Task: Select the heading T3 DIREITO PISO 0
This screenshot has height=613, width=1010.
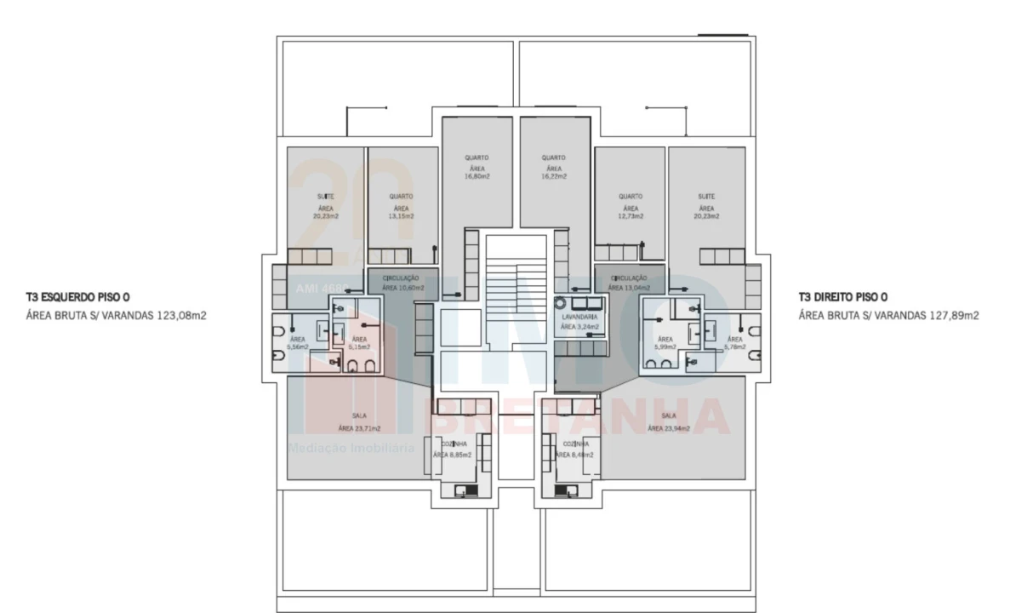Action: tap(843, 298)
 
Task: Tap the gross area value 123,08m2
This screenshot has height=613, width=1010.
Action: tap(181, 315)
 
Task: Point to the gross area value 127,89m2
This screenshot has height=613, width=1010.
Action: tap(953, 315)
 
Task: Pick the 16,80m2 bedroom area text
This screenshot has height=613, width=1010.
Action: tap(476, 176)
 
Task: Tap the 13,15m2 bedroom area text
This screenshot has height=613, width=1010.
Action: tap(402, 216)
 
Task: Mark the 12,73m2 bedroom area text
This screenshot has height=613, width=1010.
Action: tap(630, 216)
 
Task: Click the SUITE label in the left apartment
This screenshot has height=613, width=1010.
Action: tap(326, 196)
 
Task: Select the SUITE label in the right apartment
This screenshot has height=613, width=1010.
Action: tap(706, 196)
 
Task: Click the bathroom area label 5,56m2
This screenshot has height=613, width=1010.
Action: tap(298, 347)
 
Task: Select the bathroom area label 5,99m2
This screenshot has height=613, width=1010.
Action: tap(665, 347)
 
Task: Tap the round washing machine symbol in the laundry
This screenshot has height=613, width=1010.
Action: tap(562, 302)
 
